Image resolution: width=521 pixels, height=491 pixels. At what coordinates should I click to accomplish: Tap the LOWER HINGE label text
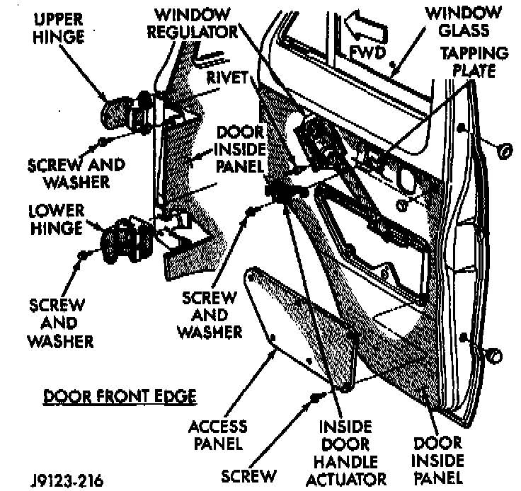56,219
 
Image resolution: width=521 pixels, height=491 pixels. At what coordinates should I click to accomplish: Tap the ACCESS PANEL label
219,435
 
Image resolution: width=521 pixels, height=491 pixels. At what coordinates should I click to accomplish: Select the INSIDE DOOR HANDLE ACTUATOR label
345,452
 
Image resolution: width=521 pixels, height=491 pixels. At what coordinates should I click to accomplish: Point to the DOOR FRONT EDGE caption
119,396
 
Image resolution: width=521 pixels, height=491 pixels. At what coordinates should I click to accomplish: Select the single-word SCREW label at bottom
249,475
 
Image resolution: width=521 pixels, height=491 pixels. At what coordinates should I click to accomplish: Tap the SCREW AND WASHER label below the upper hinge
76,173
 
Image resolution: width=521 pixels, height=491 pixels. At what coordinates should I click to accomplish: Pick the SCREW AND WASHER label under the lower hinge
60,323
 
